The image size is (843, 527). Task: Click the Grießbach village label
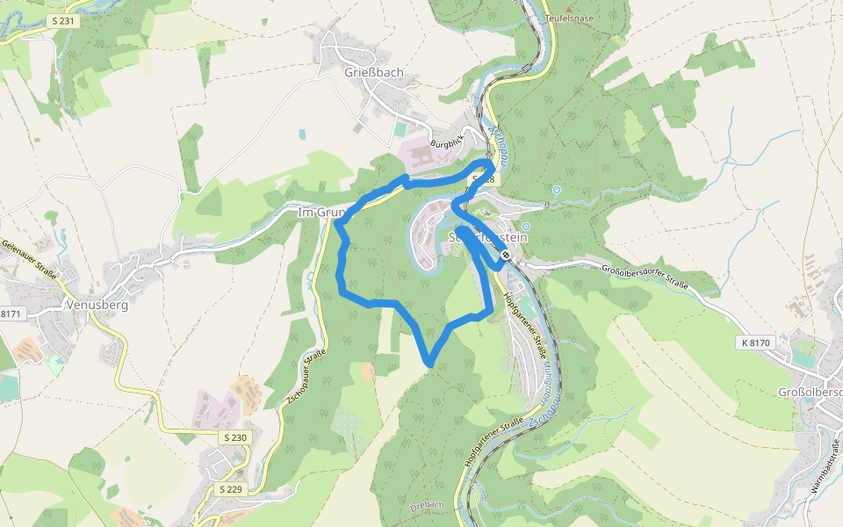[362, 73]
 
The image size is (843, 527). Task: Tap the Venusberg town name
[97, 306]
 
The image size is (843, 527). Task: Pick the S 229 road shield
[230, 488]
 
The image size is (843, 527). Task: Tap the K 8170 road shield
[755, 343]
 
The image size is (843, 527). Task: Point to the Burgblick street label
[446, 141]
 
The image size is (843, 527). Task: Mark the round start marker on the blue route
[507, 256]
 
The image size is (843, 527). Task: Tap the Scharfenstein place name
[486, 237]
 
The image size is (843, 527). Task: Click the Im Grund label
[319, 213]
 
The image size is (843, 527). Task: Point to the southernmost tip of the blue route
[429, 363]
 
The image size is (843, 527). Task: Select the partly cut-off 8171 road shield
[10, 314]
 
